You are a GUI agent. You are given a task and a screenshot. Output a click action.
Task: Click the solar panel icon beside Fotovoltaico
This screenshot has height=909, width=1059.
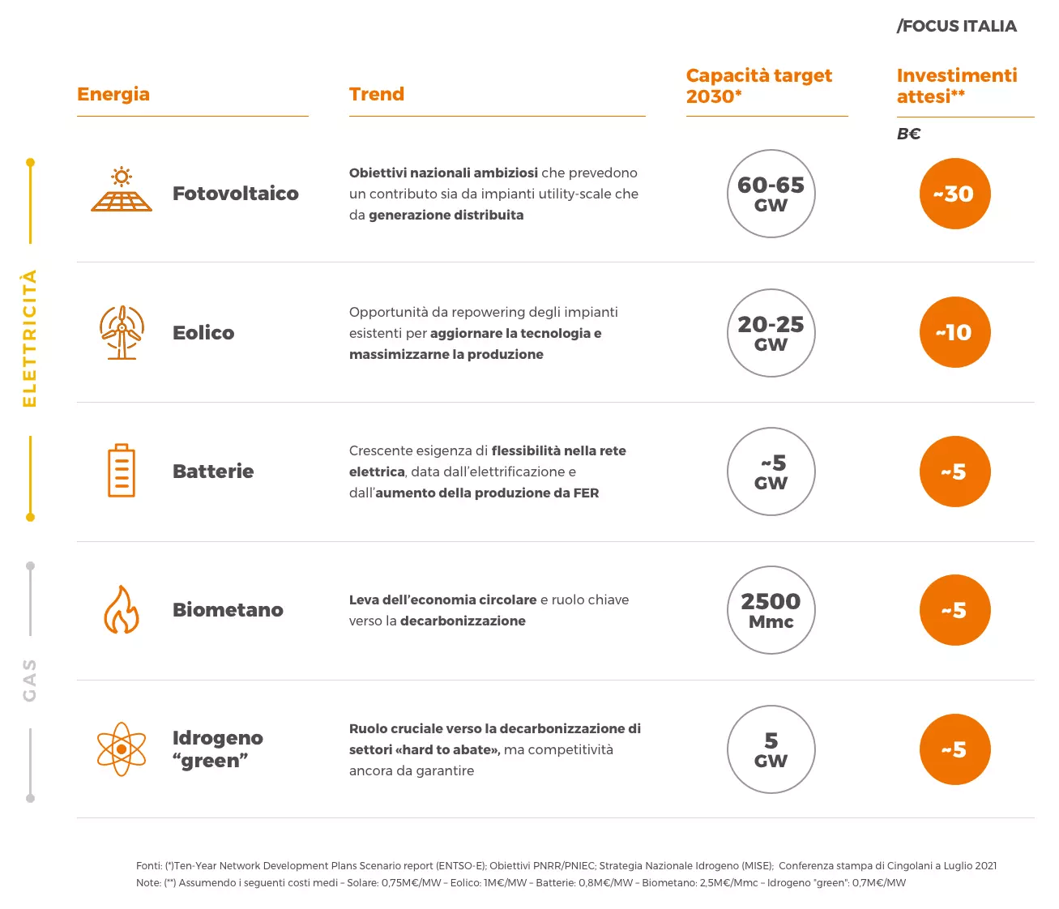coord(122,190)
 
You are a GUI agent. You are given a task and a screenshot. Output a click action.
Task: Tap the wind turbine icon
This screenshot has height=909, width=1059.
coord(122,332)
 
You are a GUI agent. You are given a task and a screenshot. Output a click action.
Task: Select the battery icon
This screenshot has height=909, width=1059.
coord(122,471)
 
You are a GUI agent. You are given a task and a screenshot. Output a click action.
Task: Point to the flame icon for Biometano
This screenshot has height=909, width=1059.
coord(122,610)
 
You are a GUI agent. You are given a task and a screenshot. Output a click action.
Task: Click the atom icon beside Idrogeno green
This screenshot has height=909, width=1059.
coord(122,749)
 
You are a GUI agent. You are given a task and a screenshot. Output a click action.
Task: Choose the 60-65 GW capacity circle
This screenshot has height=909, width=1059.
coord(771,194)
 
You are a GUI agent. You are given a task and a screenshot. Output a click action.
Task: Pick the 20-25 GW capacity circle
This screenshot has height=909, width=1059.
coord(771,333)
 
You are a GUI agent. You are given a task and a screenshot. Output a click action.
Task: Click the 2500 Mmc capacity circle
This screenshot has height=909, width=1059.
coord(771,610)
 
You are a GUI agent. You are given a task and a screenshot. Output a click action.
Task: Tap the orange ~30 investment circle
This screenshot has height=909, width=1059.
coord(954,194)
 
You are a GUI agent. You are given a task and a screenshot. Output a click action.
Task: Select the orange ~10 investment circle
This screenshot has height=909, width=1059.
coord(954,332)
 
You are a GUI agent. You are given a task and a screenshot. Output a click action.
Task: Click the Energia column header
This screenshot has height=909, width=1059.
coord(113,94)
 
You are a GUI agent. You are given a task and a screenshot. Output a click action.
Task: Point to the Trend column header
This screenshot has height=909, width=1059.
coord(377,94)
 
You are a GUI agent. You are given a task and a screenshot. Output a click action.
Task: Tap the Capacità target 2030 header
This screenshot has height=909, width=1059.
coord(758,86)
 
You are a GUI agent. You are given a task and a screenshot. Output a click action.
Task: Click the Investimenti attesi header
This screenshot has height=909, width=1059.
coord(956,86)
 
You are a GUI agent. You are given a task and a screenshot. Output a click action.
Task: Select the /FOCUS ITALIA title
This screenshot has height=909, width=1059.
coord(956,26)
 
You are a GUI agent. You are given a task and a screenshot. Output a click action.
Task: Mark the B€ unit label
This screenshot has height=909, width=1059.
coord(908,134)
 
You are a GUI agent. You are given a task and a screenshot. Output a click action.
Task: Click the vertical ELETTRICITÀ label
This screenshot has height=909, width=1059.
coord(30,339)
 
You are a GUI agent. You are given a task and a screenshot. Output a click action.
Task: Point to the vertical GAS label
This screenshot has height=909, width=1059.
coord(30,680)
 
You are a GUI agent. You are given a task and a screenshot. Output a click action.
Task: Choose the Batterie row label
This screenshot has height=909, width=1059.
coord(213,472)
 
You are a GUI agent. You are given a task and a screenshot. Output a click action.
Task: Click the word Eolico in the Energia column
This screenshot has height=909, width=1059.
coord(203,333)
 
